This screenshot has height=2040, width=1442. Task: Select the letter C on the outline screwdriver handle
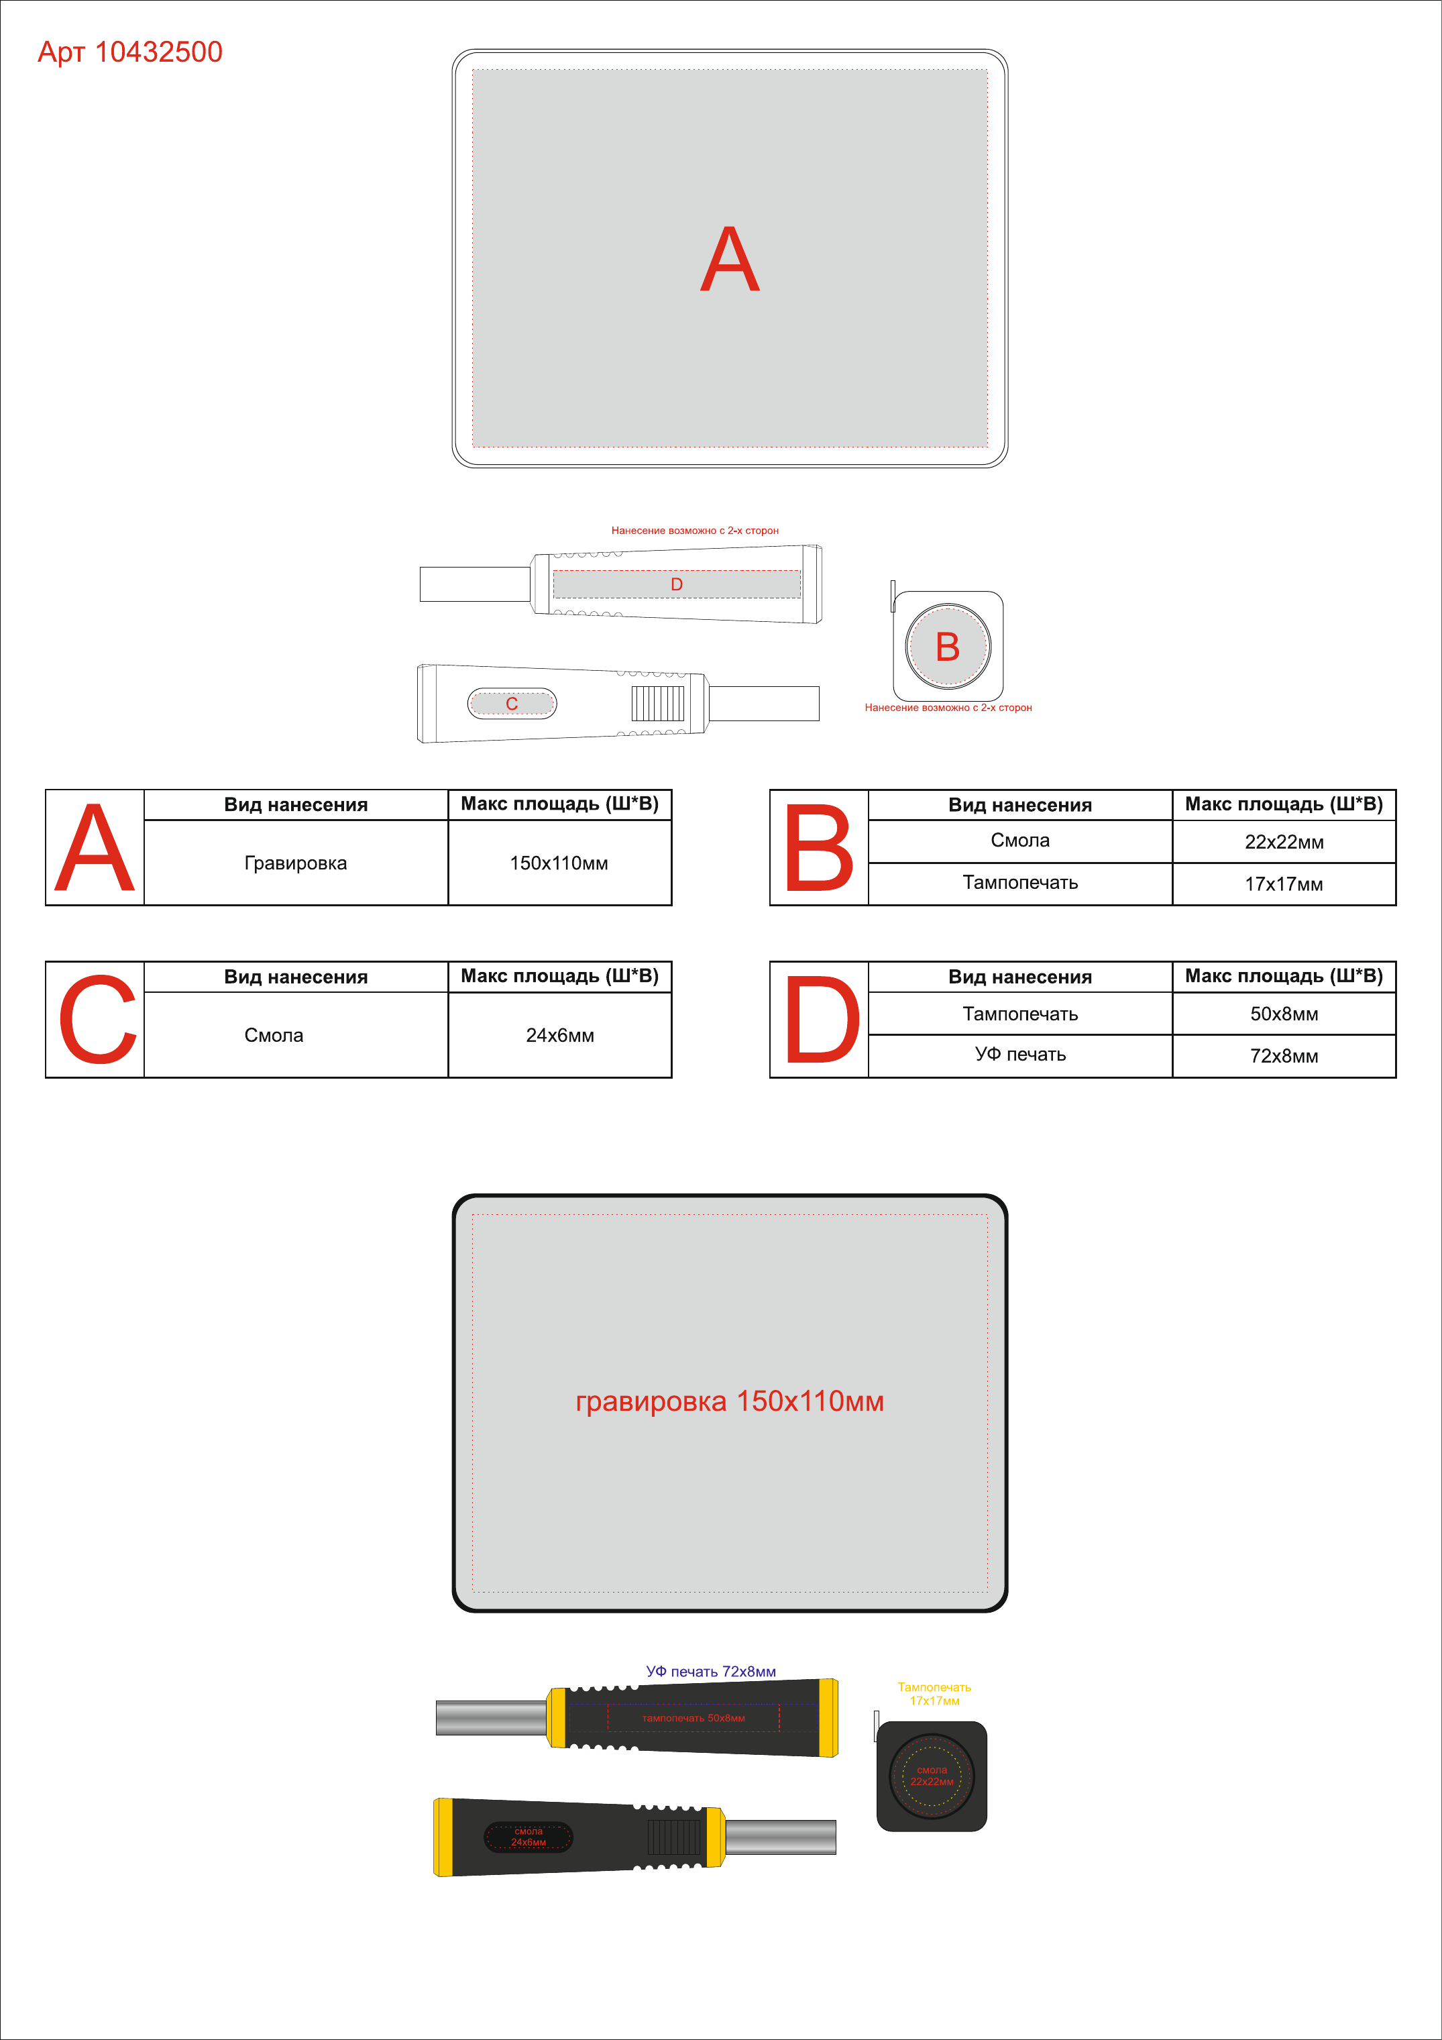[512, 704]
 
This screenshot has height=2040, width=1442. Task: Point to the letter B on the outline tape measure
[948, 647]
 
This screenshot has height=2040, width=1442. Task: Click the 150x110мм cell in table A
[559, 863]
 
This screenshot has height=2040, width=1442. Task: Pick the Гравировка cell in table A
[296, 863]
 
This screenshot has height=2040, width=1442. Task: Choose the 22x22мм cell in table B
[1284, 841]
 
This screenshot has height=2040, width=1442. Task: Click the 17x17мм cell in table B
[1284, 884]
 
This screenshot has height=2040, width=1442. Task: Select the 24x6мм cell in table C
[560, 1035]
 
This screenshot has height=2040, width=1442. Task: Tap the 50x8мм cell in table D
[1284, 1014]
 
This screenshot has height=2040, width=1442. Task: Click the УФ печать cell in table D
[1020, 1055]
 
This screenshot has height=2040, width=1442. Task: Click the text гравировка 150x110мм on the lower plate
[730, 1401]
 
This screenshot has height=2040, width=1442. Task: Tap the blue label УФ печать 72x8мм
[711, 1671]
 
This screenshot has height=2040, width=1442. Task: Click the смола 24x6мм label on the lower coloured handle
[528, 1837]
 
